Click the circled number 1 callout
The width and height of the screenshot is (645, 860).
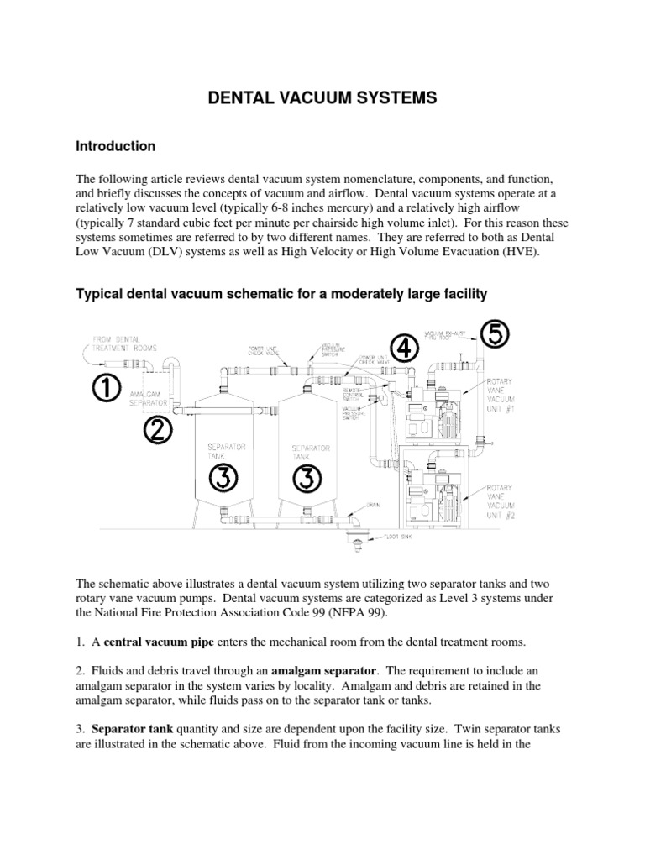[x=107, y=388]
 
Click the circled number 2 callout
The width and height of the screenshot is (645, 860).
[x=157, y=430]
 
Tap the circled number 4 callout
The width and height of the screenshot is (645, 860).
[x=405, y=348]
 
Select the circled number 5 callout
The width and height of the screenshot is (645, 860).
[x=495, y=334]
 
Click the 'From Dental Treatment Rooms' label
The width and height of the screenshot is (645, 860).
[x=114, y=343]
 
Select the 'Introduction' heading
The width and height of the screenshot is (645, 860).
[x=115, y=146]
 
